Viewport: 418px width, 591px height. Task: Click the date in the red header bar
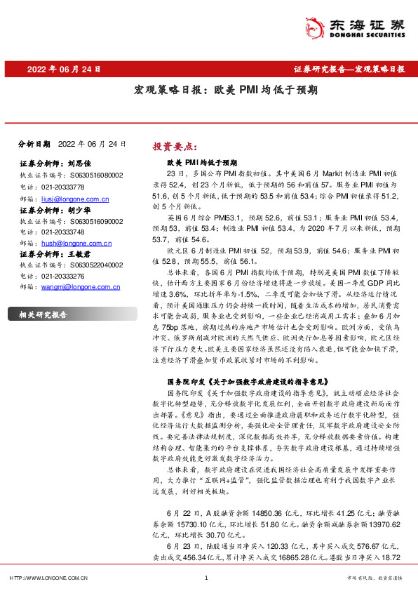(x=63, y=69)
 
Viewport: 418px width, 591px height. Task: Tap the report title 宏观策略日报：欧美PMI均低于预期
(x=226, y=90)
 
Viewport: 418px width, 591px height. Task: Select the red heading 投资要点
(x=173, y=147)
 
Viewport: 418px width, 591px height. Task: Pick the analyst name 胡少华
(x=80, y=209)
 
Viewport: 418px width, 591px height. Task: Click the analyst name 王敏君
(x=80, y=253)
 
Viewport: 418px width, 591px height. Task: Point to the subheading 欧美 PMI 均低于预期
(x=202, y=161)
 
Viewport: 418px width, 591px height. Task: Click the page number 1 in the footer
(x=206, y=578)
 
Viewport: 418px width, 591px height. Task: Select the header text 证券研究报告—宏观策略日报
(x=348, y=69)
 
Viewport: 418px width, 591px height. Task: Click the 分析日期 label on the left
(x=34, y=143)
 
